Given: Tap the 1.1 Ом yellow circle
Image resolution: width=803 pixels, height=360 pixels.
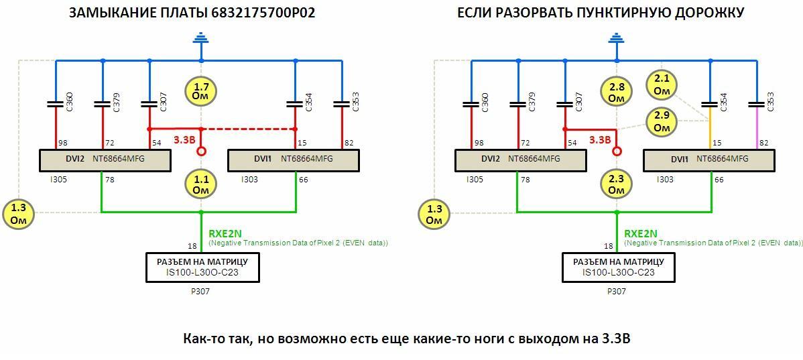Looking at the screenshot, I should [201, 184].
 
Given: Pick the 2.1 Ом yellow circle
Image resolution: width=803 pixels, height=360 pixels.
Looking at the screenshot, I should [662, 85].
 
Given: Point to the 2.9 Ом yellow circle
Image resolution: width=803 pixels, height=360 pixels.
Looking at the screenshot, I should [662, 122].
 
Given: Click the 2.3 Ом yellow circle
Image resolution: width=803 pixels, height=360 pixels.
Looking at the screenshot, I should [617, 184].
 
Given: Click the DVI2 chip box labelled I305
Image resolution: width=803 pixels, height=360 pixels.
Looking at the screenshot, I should [105, 160].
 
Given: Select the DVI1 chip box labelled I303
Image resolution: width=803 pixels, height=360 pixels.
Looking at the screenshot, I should [294, 160].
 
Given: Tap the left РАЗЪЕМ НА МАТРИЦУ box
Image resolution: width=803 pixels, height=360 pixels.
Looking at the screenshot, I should [202, 267].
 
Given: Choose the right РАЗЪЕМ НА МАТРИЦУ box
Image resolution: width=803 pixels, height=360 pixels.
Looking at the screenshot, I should [618, 267].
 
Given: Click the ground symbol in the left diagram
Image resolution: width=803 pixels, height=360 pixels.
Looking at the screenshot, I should [201, 40].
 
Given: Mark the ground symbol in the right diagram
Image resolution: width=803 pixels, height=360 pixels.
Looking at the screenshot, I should [617, 40].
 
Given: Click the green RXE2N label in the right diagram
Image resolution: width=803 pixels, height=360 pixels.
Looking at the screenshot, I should [641, 233].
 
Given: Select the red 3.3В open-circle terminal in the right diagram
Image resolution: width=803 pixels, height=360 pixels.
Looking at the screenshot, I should [617, 152].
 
